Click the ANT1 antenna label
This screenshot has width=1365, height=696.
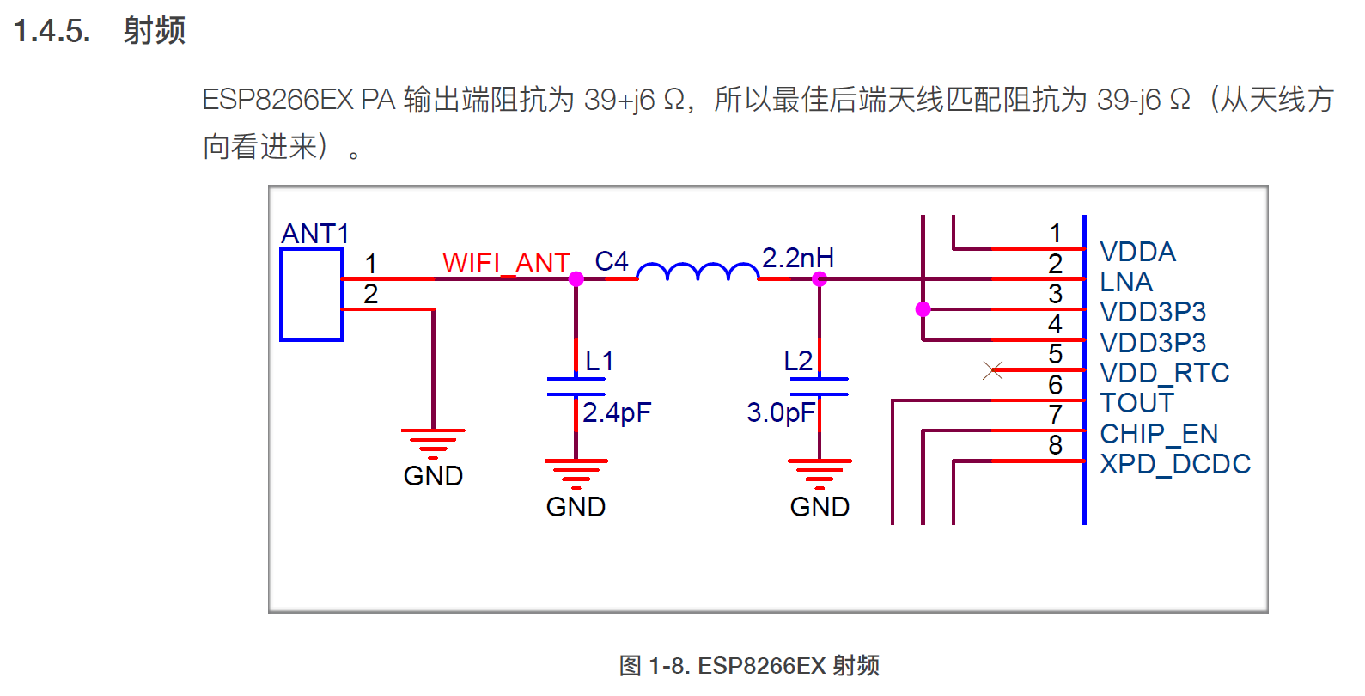pyautogui.click(x=314, y=234)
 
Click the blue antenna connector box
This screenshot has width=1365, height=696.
pyautogui.click(x=311, y=295)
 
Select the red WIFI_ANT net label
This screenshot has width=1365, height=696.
pyautogui.click(x=506, y=263)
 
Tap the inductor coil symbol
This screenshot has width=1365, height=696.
pyautogui.click(x=698, y=272)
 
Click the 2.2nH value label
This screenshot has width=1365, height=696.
pyautogui.click(x=797, y=258)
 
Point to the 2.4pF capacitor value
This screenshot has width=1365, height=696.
pyautogui.click(x=617, y=413)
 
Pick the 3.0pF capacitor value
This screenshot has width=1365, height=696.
pyautogui.click(x=780, y=413)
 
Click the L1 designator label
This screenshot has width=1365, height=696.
pyautogui.click(x=599, y=361)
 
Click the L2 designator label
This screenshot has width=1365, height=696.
pyautogui.click(x=798, y=361)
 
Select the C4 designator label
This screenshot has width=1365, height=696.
pyautogui.click(x=612, y=261)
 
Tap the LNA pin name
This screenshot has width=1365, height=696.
pyautogui.click(x=1125, y=282)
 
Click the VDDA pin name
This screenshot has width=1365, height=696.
pyautogui.click(x=1137, y=252)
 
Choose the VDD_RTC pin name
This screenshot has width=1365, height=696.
pyautogui.click(x=1164, y=373)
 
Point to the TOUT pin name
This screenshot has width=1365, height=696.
pyautogui.click(x=1136, y=403)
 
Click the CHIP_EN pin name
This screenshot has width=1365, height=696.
pyautogui.click(x=1159, y=434)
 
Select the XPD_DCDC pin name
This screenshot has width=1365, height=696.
pyautogui.click(x=1174, y=464)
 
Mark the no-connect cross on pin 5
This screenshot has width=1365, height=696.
pyautogui.click(x=993, y=370)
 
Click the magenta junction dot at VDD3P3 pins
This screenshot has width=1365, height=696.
pyautogui.click(x=923, y=309)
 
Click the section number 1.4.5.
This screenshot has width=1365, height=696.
pyautogui.click(x=52, y=31)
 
